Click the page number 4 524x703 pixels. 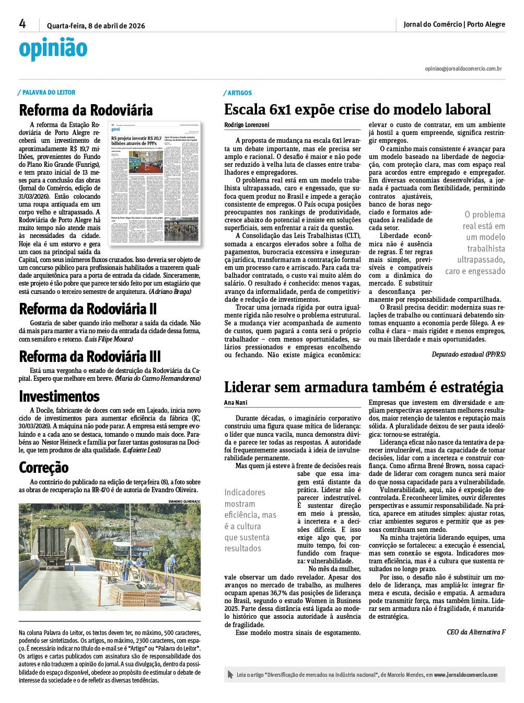point(22,24)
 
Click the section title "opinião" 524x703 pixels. point(53,48)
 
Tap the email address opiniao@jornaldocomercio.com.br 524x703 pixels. point(463,69)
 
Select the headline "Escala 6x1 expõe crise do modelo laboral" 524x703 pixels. point(357,109)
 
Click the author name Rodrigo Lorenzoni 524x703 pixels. point(247,125)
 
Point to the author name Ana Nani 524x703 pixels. point(236,403)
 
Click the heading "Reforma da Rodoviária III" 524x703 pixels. point(90,356)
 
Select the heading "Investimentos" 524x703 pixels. point(59,396)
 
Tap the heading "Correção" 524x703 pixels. point(44,467)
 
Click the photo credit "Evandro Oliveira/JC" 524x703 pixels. point(184,501)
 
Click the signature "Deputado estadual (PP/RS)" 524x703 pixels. point(468,355)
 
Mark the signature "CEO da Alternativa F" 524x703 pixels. point(476,632)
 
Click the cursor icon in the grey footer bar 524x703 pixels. point(230,675)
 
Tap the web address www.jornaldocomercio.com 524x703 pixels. point(465,675)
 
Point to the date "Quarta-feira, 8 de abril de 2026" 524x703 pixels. point(96,26)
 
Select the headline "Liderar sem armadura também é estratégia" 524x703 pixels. point(364,387)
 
